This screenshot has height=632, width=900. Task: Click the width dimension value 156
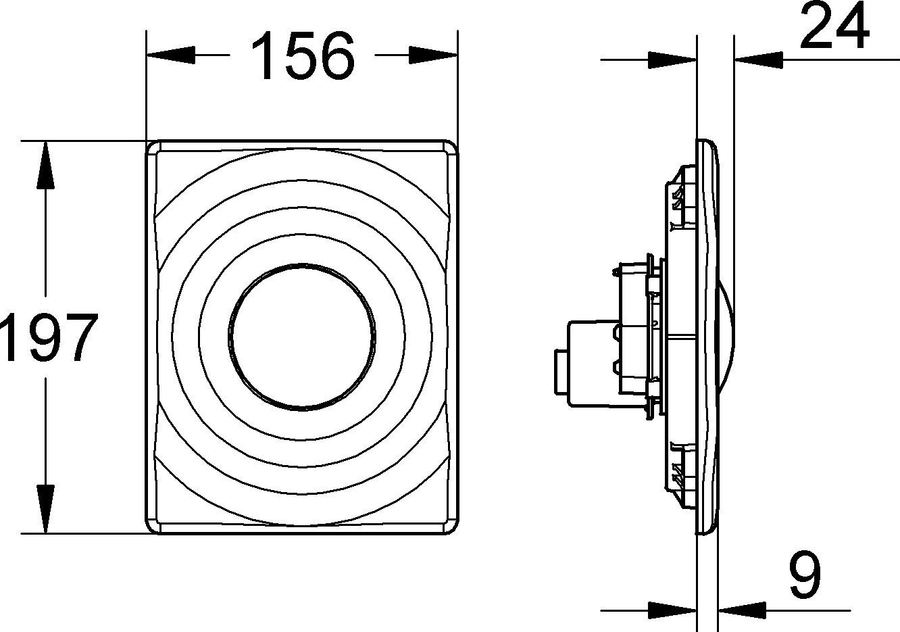click(x=303, y=55)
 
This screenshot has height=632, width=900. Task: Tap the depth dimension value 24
click(x=834, y=27)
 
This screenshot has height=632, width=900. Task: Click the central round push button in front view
click(x=301, y=337)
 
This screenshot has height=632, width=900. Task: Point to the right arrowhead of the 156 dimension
click(x=434, y=55)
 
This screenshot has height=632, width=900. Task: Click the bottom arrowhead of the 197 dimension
click(x=45, y=510)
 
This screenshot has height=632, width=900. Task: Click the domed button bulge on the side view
click(x=723, y=337)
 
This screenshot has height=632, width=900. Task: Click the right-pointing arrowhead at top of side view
click(x=672, y=60)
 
